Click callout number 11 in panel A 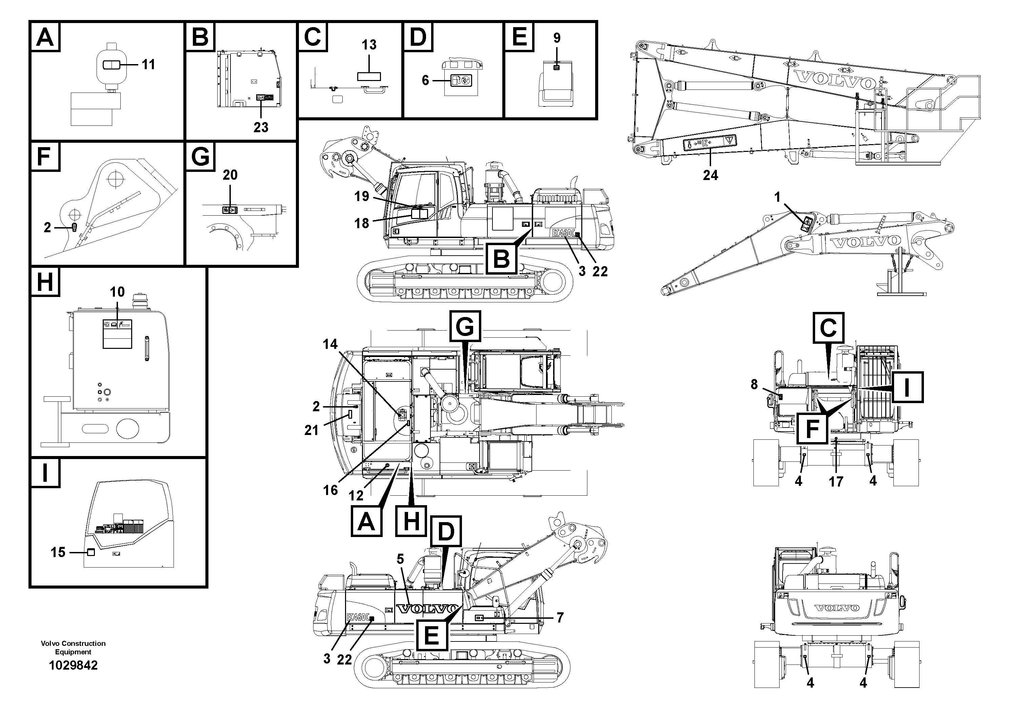148,65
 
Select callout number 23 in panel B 261,127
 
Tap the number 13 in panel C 369,45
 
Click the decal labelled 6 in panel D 461,80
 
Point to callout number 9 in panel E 557,38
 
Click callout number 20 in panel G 230,175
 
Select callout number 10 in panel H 117,292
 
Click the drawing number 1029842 74,665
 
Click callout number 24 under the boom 710,175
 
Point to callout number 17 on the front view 836,482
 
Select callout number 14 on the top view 330,344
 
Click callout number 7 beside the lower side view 560,618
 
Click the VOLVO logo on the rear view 836,608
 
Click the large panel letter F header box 45,157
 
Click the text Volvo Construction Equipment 74,647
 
